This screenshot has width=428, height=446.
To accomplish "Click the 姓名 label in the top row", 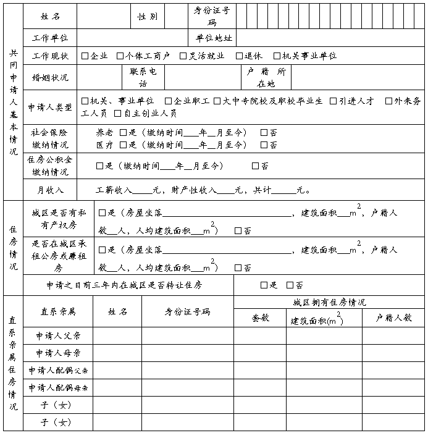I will point(50,16).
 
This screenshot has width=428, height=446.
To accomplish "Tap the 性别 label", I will point(147,16).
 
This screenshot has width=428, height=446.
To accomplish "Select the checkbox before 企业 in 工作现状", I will point(85,56).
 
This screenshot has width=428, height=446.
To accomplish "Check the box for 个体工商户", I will point(120,56).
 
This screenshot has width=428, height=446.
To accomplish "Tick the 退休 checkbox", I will point(239,56).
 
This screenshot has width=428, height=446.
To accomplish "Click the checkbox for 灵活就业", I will point(183,56).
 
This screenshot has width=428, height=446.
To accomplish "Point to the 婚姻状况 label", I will point(50,78).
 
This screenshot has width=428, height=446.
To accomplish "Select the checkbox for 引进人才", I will point(334,101).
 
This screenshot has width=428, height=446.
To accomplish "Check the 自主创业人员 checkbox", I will point(118,114).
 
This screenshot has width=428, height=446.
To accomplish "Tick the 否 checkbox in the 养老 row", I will point(264,133).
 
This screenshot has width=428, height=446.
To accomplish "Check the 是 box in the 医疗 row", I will point(124,145).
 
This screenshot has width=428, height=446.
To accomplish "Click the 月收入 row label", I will point(50,190).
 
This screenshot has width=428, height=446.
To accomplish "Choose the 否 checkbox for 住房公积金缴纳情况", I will point(255,166).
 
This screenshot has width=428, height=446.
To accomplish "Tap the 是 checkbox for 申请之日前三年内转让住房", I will point(264,285).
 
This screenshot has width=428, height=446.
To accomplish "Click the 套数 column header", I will point(260,318).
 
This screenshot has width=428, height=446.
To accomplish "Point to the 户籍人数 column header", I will point(393,318).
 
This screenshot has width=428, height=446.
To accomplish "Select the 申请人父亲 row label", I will point(58,337).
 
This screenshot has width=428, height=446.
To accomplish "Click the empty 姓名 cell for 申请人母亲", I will point(117,353).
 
